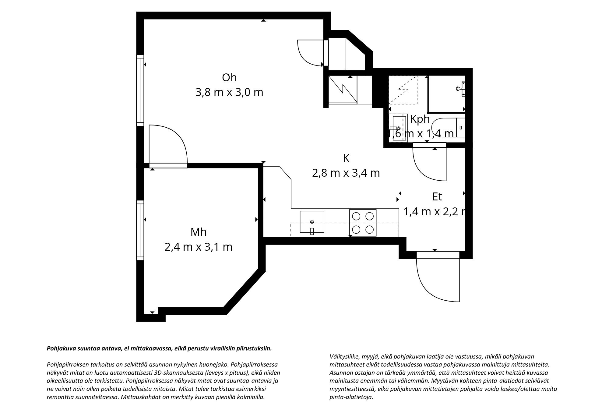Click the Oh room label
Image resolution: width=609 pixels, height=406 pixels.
(229, 78)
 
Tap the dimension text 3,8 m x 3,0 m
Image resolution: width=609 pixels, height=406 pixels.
(229, 92)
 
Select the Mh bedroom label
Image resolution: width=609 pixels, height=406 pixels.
(199, 232)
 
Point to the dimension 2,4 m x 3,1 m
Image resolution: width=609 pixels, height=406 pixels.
(199, 247)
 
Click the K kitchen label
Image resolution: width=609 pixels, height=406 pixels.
(346, 158)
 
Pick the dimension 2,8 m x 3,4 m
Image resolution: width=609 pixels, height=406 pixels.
(346, 173)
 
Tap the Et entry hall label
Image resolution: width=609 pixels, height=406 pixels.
(437, 197)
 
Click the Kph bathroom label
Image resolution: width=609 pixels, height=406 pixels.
(420, 119)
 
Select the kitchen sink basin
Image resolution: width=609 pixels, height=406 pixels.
(312, 222)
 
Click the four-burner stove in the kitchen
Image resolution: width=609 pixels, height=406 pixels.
(363, 223)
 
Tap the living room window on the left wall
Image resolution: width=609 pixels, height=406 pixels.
(140, 90)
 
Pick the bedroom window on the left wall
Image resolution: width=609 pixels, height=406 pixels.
(140, 230)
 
